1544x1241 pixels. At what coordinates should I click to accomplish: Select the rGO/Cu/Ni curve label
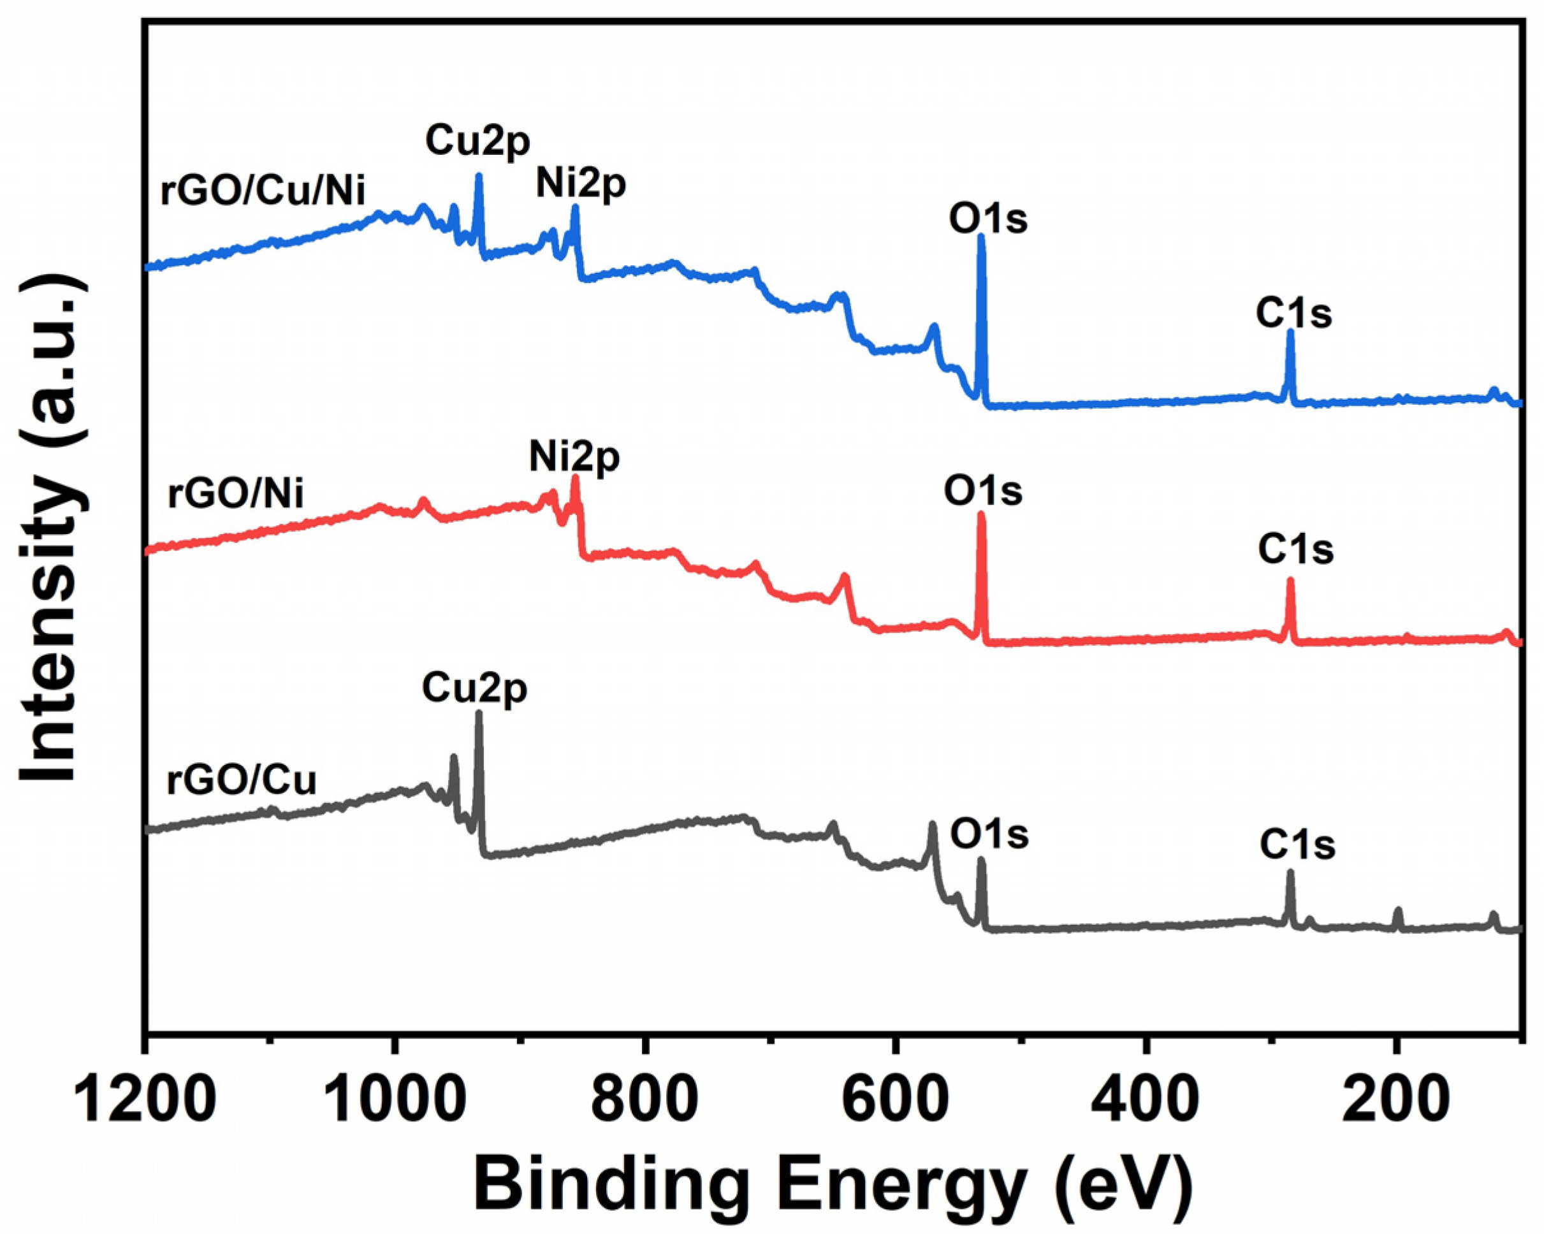pos(263,192)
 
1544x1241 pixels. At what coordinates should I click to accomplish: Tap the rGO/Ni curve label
pos(236,494)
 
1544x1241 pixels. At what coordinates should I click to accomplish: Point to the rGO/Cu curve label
pos(242,781)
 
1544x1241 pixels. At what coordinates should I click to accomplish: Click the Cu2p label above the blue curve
pos(477,141)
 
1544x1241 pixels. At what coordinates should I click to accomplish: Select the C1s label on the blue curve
pos(1293,314)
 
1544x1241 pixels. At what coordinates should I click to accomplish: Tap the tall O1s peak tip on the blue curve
pos(981,236)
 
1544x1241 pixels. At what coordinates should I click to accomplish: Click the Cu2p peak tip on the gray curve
pos(478,713)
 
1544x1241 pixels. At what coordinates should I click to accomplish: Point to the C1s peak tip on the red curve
pos(1290,580)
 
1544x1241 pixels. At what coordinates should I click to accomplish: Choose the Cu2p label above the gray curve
pos(474,689)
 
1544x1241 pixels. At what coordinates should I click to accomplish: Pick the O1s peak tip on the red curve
pos(981,514)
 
